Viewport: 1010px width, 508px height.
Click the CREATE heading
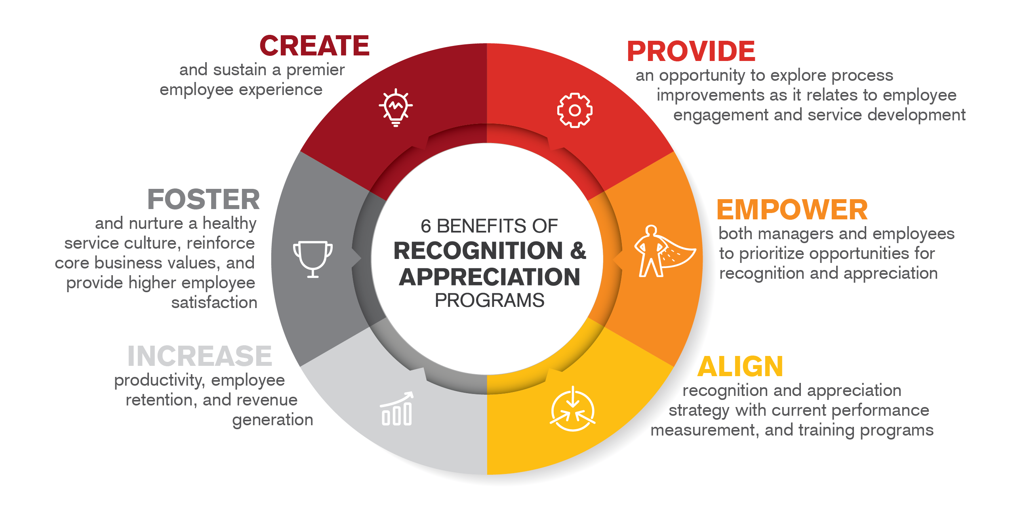(x=314, y=46)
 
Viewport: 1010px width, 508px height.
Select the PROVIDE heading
(x=691, y=51)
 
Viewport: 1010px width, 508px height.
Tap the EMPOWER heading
(x=792, y=210)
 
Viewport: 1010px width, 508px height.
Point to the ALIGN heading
(x=740, y=367)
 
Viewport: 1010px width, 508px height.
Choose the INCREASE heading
(x=200, y=356)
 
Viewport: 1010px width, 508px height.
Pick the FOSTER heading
(x=203, y=200)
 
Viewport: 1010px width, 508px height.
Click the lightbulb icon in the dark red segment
(x=396, y=107)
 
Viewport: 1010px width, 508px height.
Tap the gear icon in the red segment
(x=574, y=110)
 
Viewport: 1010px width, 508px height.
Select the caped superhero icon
(x=662, y=252)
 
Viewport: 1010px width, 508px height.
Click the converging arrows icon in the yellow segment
(x=572, y=410)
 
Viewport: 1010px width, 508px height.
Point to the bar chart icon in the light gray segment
(x=396, y=409)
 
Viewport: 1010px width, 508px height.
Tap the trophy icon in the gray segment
(x=313, y=259)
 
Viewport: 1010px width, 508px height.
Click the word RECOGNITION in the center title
(x=478, y=251)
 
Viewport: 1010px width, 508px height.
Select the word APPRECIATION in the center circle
(x=489, y=277)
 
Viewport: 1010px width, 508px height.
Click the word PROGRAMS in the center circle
(x=489, y=301)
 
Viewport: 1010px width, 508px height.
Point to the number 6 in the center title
(x=425, y=226)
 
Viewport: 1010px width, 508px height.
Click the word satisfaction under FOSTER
(x=214, y=303)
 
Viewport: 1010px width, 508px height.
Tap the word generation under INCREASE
(x=273, y=420)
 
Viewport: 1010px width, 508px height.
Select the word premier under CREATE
(x=315, y=70)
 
